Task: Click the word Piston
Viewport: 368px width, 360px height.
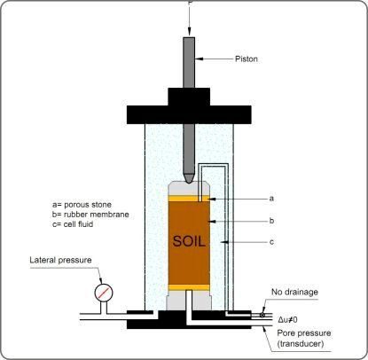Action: click(247, 59)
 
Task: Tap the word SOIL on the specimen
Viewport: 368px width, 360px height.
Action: click(189, 241)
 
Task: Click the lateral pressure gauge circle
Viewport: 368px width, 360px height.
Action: click(104, 293)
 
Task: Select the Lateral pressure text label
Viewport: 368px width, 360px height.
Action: click(60, 260)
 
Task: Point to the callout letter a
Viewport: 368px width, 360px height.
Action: click(271, 199)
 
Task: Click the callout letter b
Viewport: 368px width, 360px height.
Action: click(271, 221)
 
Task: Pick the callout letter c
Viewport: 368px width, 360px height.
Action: click(271, 242)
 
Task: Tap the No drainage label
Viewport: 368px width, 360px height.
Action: click(294, 292)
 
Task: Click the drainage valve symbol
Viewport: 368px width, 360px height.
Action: click(262, 315)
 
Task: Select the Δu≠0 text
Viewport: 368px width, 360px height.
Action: click(287, 319)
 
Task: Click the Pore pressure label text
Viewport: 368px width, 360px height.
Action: click(304, 333)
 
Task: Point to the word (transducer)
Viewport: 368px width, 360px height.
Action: click(301, 344)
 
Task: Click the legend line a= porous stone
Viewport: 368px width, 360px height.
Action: click(82, 205)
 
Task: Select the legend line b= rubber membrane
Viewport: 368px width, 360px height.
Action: click(90, 215)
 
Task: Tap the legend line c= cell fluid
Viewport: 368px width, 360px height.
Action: click(73, 224)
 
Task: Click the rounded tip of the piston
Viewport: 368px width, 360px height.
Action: click(189, 179)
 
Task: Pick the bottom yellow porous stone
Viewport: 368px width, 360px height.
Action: click(189, 287)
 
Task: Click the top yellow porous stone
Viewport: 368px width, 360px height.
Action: click(189, 199)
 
